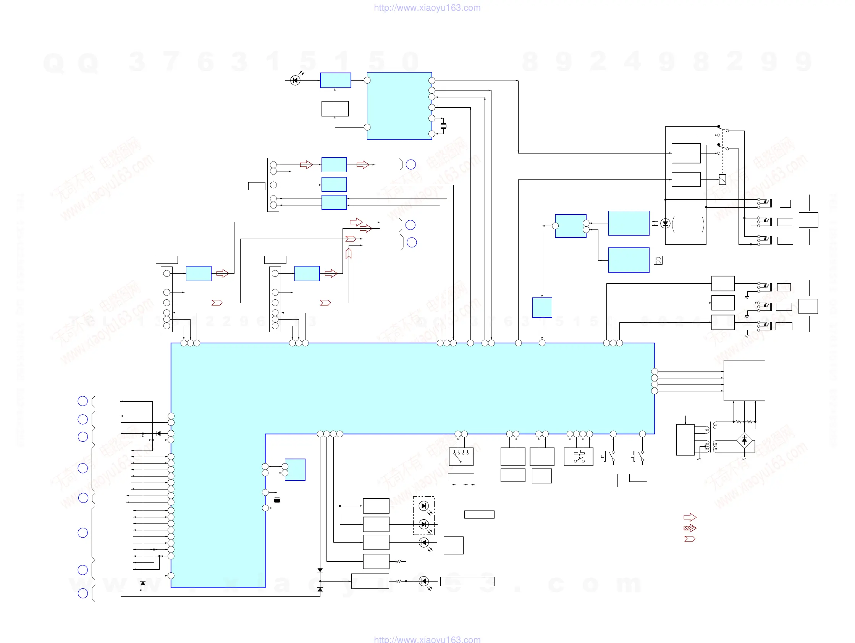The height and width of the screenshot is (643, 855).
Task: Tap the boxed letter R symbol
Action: (658, 260)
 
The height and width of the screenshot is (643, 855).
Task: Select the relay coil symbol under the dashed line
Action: (722, 179)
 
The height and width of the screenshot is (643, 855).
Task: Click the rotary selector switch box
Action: (461, 456)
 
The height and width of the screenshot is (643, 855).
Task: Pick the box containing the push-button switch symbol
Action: (578, 456)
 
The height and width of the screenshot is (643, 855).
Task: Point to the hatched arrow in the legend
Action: (690, 528)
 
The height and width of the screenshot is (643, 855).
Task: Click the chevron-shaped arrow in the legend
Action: (690, 539)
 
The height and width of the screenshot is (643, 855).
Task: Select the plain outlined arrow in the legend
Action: (690, 517)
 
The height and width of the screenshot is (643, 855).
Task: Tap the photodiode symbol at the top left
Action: (295, 80)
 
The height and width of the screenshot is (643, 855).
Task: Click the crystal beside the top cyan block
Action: (443, 126)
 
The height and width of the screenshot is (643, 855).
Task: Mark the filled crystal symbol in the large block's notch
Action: (277, 500)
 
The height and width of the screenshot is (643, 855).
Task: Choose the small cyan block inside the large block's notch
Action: (295, 470)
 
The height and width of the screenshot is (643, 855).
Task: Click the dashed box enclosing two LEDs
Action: (423, 515)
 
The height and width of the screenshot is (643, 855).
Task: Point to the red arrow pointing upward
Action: (348, 253)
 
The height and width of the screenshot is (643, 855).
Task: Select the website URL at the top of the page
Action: (427, 8)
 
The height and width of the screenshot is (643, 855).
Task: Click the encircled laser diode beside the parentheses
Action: (665, 223)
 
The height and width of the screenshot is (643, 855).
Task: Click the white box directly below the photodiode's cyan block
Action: (335, 108)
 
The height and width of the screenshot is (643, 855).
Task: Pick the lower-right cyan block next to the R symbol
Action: (629, 260)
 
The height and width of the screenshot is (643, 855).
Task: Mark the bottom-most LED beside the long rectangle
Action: (423, 581)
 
